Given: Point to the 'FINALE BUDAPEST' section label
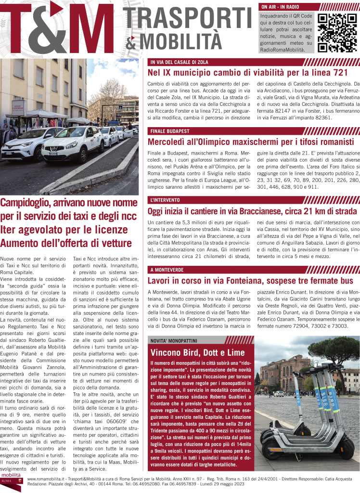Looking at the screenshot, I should click(x=169, y=131).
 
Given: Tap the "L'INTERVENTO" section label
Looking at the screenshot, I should click(x=165, y=200).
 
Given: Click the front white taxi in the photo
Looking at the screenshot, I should click(x=72, y=144).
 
